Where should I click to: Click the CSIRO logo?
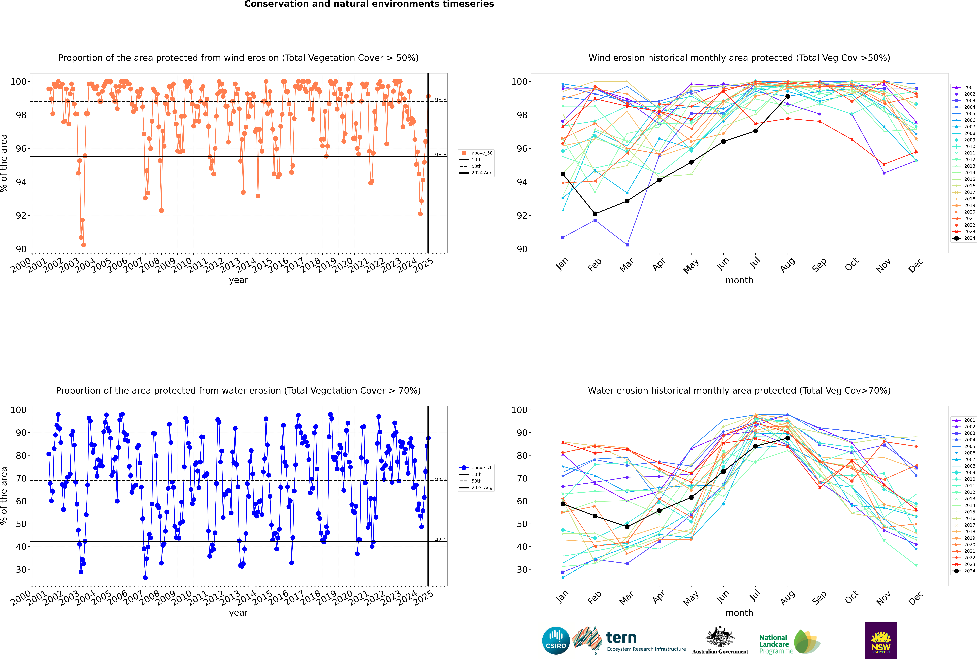tap(556, 641)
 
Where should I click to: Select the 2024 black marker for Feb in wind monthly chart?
tap(595, 214)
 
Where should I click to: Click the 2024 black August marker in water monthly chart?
tap(788, 438)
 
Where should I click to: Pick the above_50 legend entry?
tap(477, 153)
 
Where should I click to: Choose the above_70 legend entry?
tap(477, 468)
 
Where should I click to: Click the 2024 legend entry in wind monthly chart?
tap(964, 238)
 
